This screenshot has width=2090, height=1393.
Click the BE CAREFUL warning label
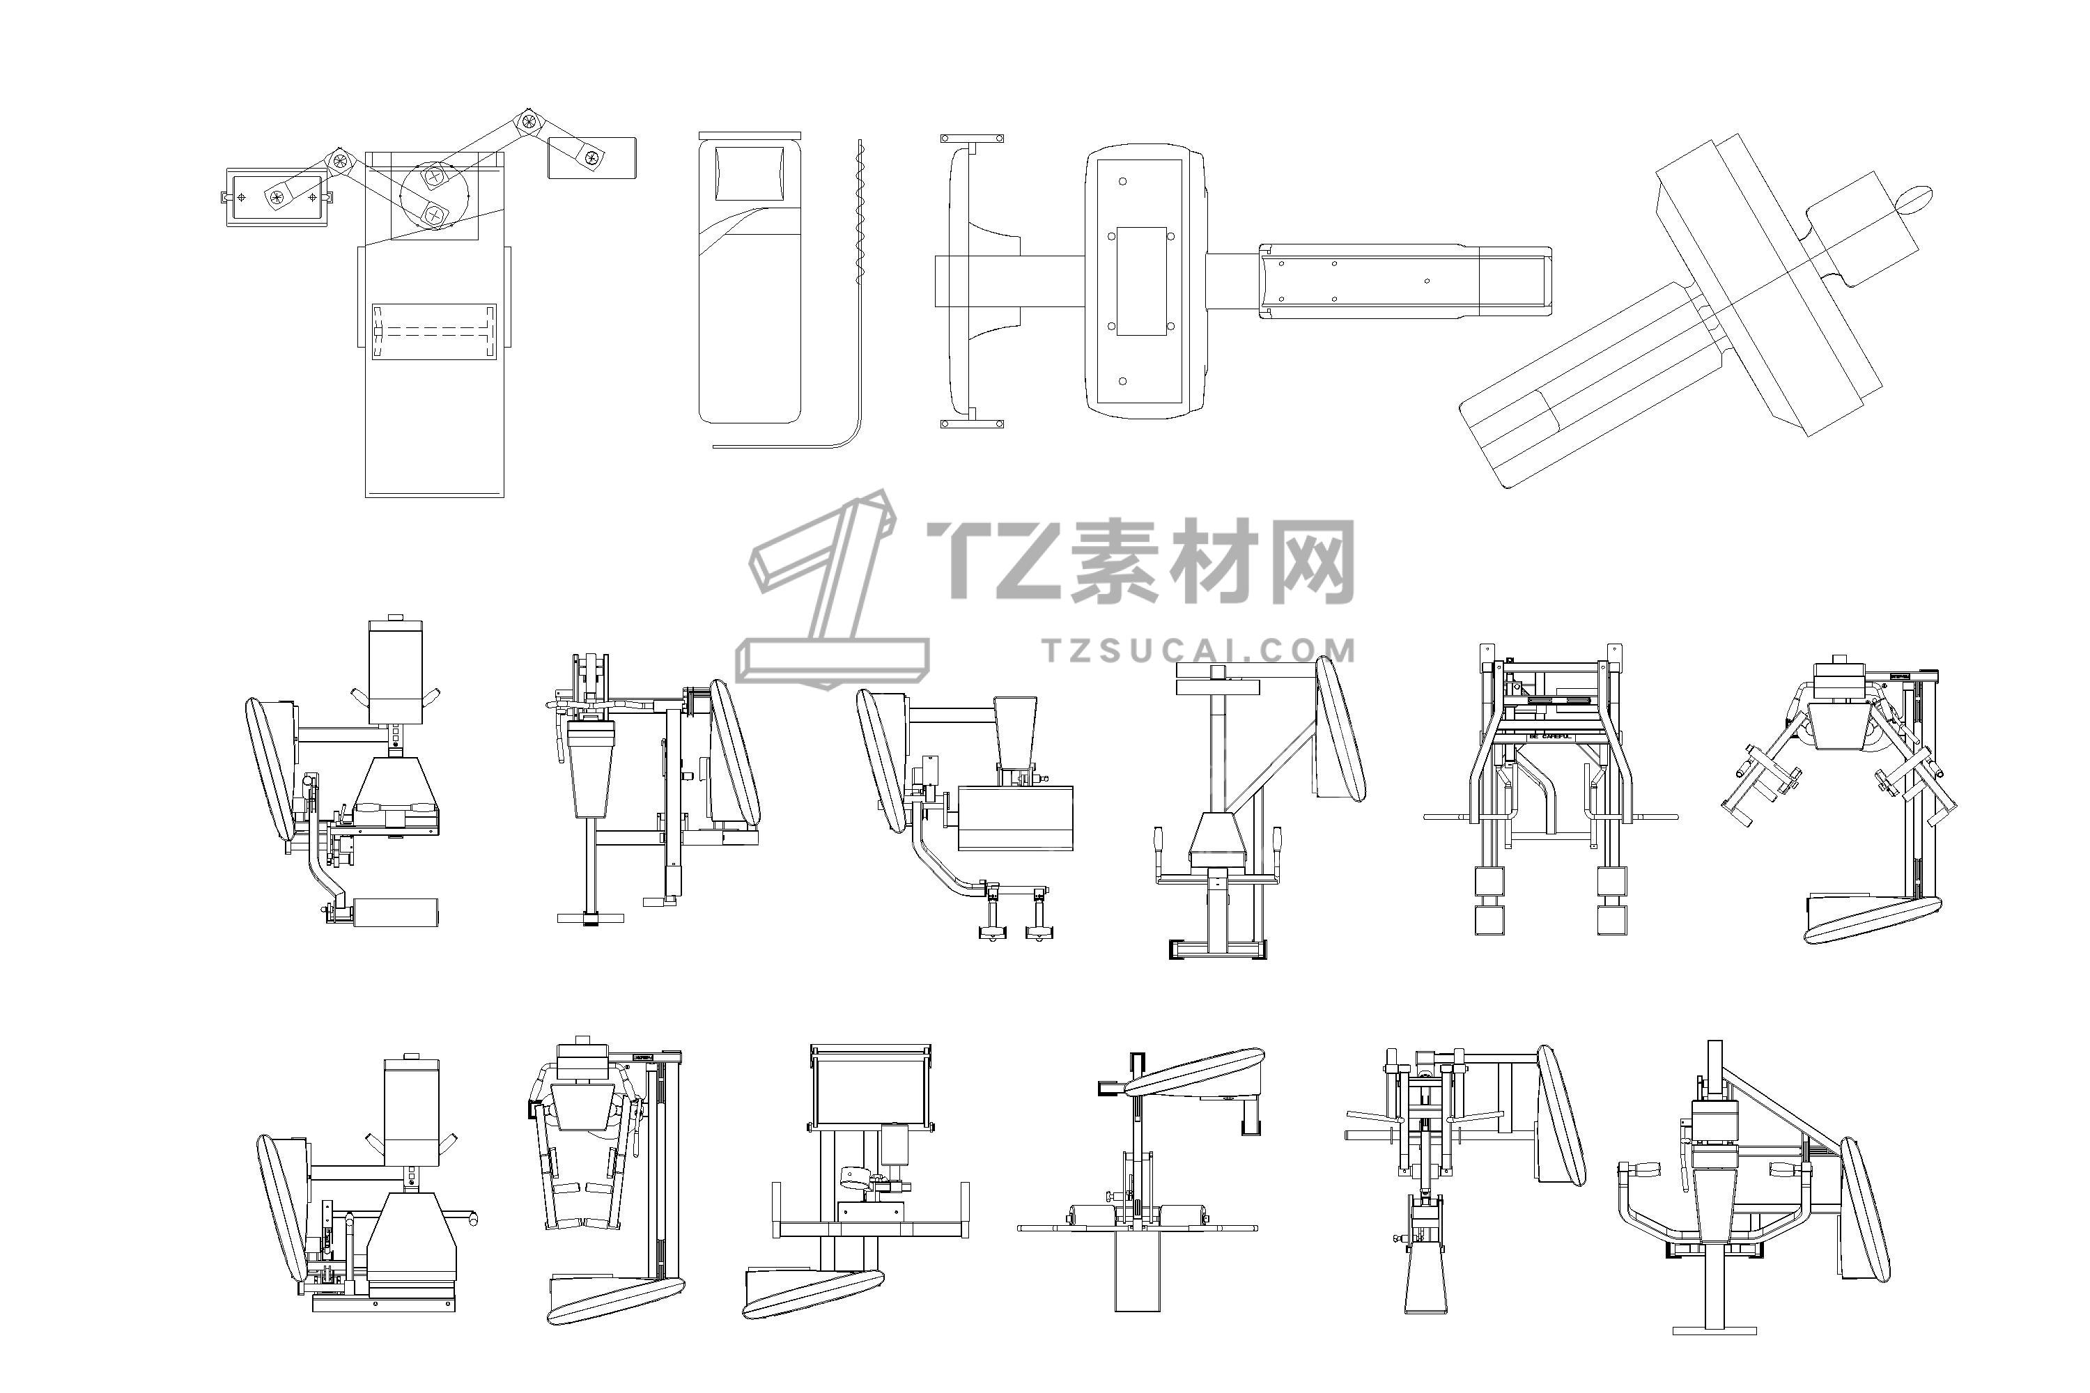click(1551, 736)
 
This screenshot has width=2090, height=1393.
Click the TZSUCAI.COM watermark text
click(1199, 651)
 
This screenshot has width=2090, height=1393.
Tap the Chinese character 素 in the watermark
click(1120, 561)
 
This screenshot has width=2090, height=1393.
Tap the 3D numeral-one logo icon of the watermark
click(826, 591)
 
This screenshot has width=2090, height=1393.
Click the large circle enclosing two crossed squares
click(433, 196)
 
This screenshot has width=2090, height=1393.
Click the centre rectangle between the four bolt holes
click(1141, 281)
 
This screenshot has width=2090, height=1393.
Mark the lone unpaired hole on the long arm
click(1427, 281)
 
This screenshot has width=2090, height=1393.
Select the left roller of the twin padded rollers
click(1094, 1215)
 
